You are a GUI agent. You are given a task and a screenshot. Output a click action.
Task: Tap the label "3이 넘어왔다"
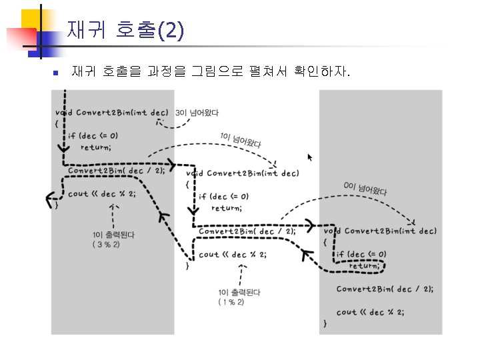(x=197, y=113)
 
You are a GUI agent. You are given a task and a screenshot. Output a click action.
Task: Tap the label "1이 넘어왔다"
(x=240, y=141)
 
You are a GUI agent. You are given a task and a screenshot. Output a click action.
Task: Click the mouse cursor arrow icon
(x=309, y=157)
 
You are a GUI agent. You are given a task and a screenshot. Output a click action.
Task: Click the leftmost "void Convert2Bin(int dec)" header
(x=111, y=112)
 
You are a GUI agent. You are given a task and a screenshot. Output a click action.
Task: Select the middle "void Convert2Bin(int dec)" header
(x=242, y=174)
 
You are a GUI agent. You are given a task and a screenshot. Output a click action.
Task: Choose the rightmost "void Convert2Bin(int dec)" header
(x=380, y=231)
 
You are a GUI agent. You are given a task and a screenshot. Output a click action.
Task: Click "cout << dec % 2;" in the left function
(x=101, y=194)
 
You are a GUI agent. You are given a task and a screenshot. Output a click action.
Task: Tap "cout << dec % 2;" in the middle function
(x=231, y=254)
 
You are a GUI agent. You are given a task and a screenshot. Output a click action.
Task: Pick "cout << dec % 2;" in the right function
(x=370, y=311)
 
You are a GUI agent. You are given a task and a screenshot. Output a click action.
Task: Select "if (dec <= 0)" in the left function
(x=91, y=135)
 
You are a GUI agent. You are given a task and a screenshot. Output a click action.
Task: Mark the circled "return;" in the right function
(x=364, y=265)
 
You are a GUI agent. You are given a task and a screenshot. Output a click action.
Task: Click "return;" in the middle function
(x=227, y=207)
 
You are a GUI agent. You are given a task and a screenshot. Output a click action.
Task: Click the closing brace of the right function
(x=325, y=323)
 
